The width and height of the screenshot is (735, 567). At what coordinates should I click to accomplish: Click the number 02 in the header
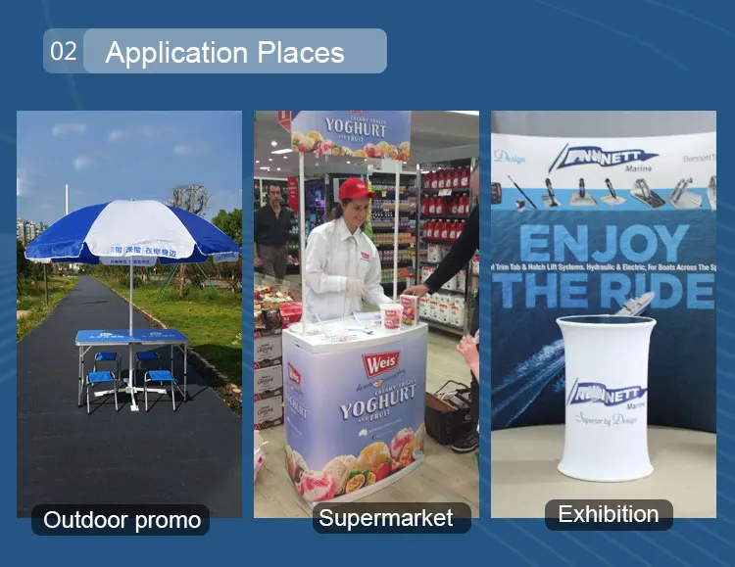point(63,51)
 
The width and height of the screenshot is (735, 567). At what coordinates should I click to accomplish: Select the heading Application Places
point(224,52)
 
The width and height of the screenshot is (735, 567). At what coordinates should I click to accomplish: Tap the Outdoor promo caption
point(122,520)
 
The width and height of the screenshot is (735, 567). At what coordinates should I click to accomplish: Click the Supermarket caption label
point(386,518)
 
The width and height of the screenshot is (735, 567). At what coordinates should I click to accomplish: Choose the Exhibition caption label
point(608,514)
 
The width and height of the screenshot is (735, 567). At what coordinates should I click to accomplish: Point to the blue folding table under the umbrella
point(131,338)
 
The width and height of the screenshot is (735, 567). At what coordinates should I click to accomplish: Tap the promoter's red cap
point(355,188)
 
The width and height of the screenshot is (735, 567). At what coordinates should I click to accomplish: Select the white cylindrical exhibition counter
point(609,397)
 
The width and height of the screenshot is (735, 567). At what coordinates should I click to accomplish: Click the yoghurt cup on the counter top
point(392,315)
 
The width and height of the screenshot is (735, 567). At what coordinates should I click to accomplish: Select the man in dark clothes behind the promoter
point(274,229)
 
